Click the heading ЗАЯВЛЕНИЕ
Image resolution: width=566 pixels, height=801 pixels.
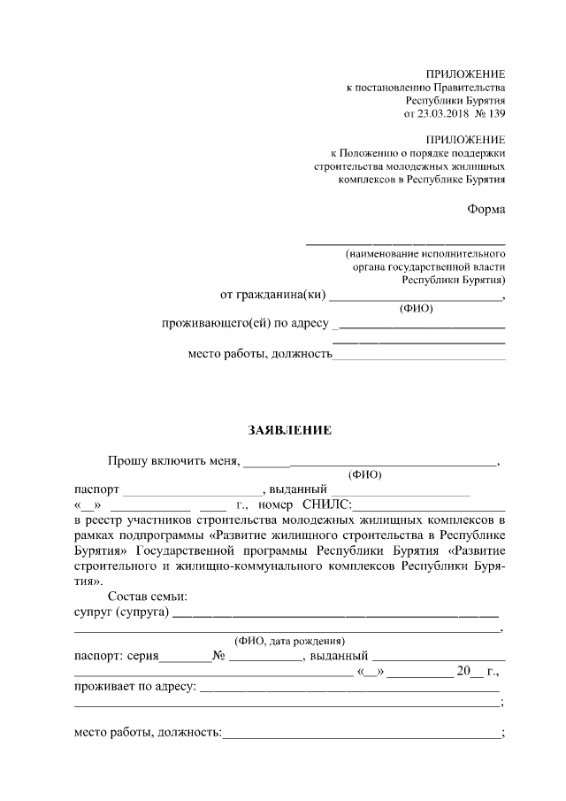(x=288, y=430)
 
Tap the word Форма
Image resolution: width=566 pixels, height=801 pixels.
(x=486, y=209)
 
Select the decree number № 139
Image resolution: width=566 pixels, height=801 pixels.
(x=490, y=114)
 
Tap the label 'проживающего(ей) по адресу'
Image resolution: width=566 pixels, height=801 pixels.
(x=245, y=324)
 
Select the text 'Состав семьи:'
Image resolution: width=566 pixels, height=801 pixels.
(x=146, y=597)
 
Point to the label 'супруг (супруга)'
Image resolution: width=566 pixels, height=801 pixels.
(x=121, y=612)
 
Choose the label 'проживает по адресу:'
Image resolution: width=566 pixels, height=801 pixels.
(x=134, y=687)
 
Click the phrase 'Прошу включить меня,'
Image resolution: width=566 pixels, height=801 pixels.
(x=173, y=460)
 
